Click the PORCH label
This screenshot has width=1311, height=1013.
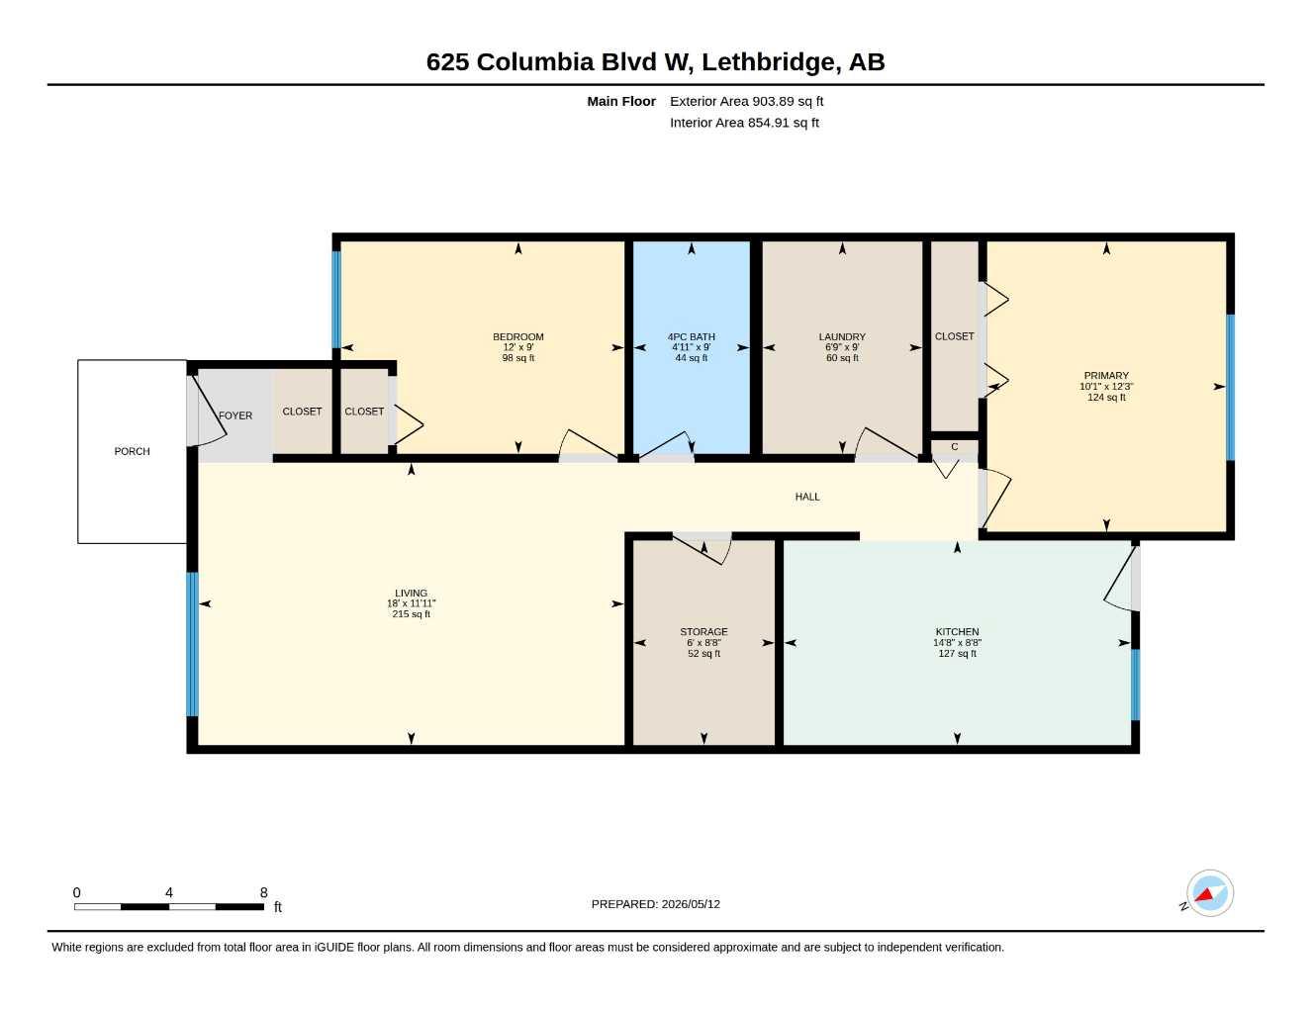click(x=133, y=451)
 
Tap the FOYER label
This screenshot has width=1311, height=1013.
click(x=235, y=415)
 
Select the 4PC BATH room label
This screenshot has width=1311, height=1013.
click(x=692, y=337)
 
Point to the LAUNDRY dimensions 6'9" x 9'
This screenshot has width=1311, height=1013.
click(x=842, y=347)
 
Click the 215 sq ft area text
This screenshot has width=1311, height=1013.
click(x=412, y=613)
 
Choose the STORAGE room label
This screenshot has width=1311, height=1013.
click(x=704, y=632)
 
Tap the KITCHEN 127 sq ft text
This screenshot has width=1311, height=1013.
click(x=958, y=653)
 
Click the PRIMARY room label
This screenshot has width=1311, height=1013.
click(x=1106, y=376)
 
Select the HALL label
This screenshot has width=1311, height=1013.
click(x=807, y=497)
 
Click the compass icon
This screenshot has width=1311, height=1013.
click(x=1210, y=893)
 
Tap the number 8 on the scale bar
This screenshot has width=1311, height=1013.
click(x=263, y=892)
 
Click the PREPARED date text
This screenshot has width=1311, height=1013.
click(x=656, y=904)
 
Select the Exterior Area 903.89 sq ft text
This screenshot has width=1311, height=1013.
click(x=746, y=101)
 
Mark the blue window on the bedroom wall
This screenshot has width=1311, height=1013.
click(x=336, y=300)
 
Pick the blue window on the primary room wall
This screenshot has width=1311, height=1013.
click(x=1231, y=387)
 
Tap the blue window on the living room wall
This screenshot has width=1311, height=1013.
click(x=192, y=644)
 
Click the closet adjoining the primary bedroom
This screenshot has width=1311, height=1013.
click(x=955, y=336)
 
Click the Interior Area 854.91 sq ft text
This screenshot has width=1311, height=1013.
click(x=744, y=123)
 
